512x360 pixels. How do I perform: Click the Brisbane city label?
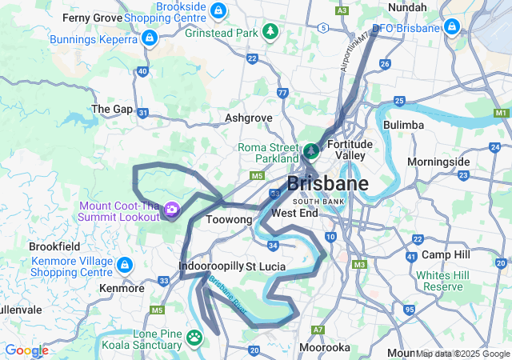coord(327,183)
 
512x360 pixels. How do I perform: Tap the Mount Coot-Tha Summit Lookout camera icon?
coord(171,210)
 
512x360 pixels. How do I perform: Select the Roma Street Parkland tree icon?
coord(310,150)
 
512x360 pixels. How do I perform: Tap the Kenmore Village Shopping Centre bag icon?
coord(124,264)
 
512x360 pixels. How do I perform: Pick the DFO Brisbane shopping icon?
coord(452,27)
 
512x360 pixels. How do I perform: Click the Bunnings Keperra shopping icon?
coord(149,38)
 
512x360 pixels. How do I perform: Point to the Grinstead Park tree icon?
coord(271,32)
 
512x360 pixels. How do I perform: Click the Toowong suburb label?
coord(230,218)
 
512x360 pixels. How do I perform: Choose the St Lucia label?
coord(266,265)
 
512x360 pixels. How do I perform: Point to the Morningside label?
coord(438,162)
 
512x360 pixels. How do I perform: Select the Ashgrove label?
coord(249,118)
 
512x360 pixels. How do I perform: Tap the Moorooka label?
coord(324,347)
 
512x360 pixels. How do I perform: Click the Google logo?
coord(26,350)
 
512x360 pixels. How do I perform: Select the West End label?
coord(295,213)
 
